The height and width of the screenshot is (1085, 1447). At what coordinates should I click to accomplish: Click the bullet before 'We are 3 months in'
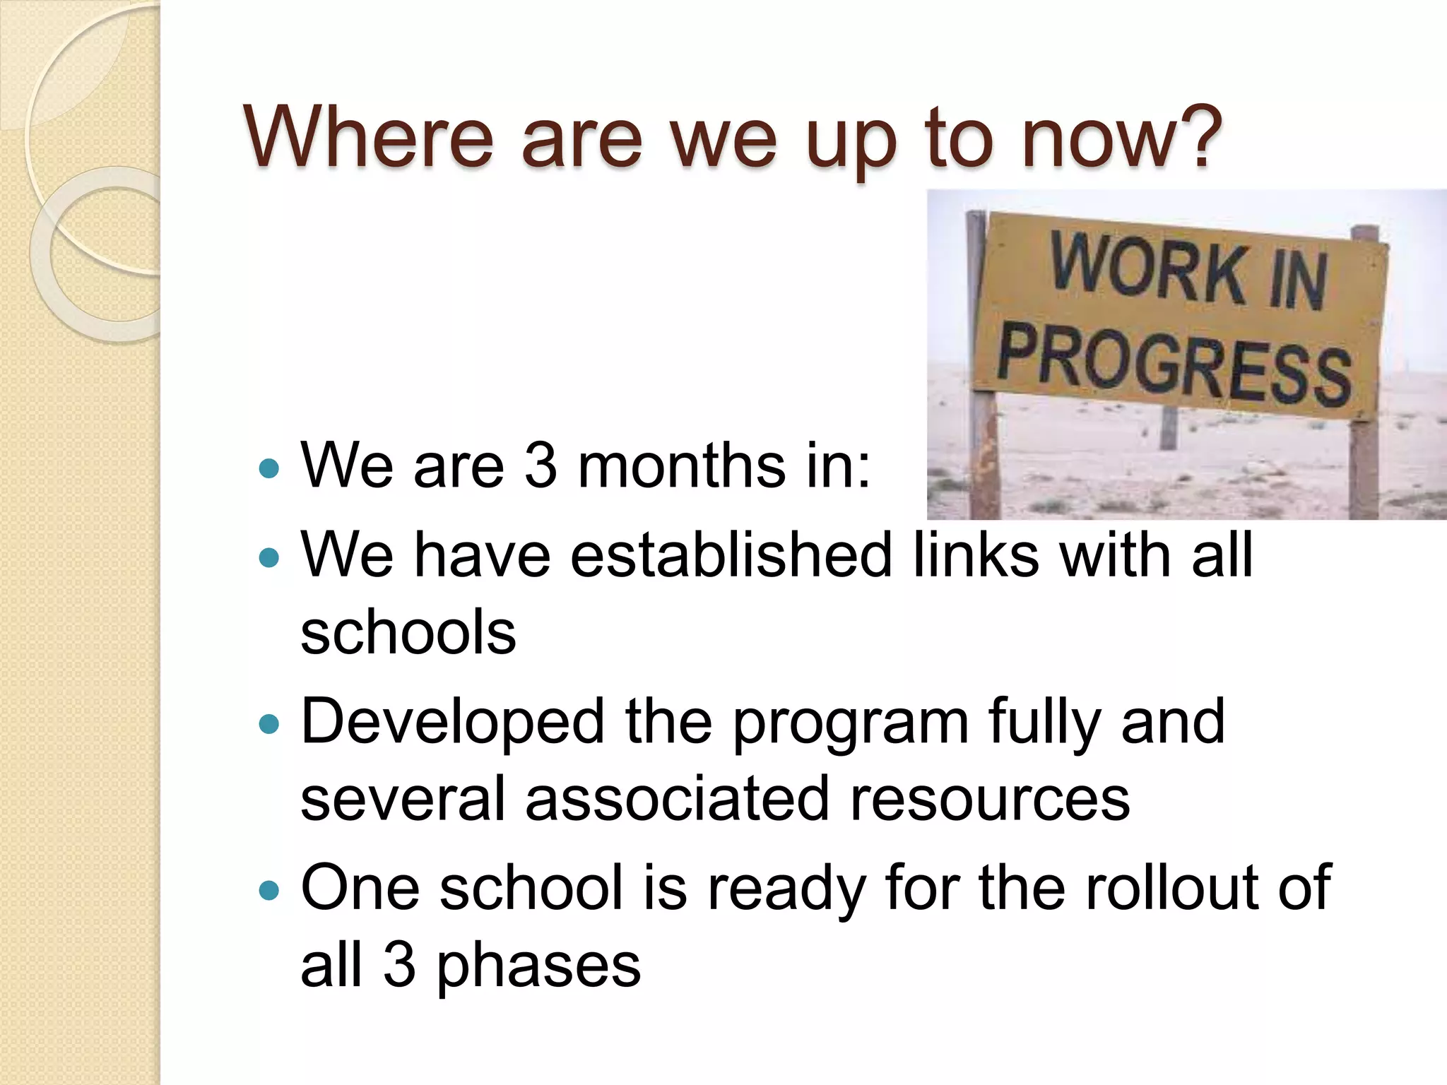point(269,468)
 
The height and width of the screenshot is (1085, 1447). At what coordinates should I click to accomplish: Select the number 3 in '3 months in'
point(541,466)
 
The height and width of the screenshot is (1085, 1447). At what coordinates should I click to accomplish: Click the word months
point(681,466)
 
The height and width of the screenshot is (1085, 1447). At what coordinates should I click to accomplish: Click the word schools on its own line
point(408,632)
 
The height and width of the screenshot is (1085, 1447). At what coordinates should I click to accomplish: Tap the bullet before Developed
point(269,723)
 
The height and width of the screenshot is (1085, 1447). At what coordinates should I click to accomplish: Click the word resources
point(989,799)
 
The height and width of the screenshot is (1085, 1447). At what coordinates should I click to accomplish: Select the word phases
point(538,966)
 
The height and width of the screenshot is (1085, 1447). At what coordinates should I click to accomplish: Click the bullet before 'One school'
point(269,889)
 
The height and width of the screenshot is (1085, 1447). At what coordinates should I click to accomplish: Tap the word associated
point(677,799)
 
